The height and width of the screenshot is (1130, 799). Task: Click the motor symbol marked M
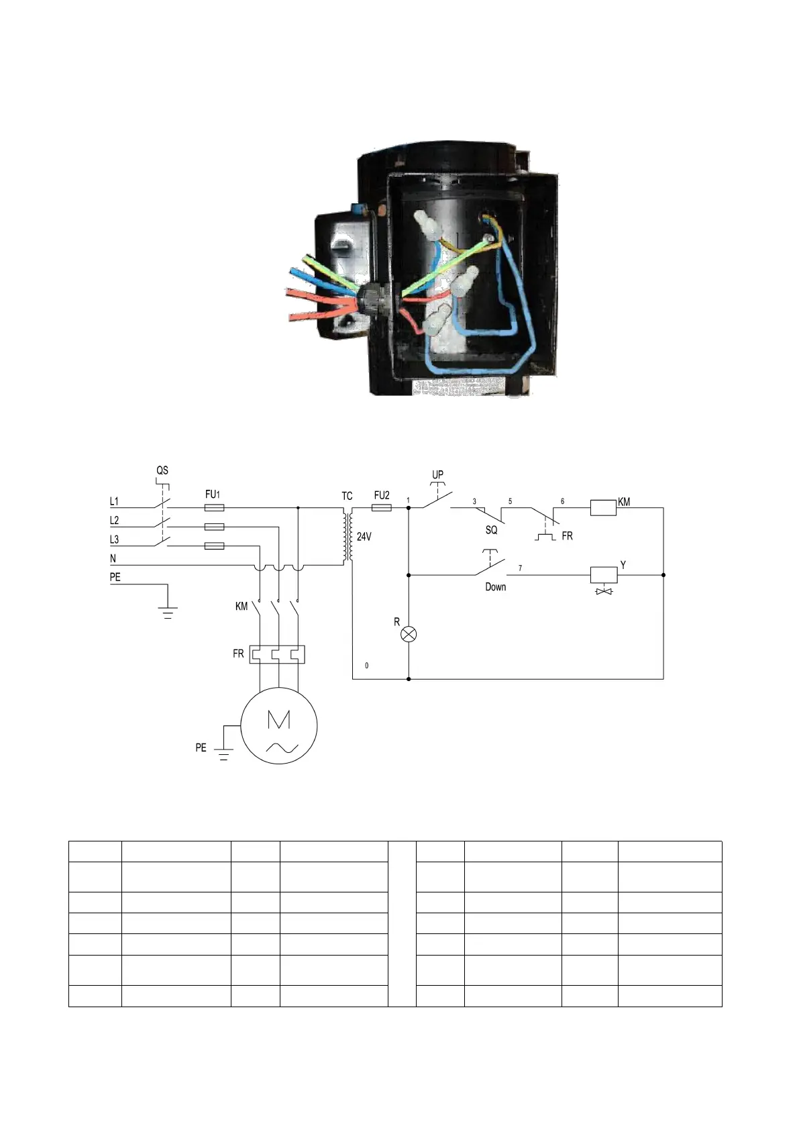point(278,725)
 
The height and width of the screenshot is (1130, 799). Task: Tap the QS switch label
point(162,470)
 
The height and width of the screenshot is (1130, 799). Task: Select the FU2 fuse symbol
point(381,508)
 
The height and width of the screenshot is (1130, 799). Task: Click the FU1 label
point(213,495)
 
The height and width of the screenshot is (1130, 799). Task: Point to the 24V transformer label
point(364,537)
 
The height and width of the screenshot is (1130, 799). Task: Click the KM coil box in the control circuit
point(603,507)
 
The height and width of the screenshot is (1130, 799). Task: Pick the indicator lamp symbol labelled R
point(409,634)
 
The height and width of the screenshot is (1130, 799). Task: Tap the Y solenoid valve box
point(603,575)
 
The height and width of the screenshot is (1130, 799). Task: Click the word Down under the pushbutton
point(495,587)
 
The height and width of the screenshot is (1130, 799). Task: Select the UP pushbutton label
point(437,474)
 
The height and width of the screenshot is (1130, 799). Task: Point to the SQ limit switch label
point(491,530)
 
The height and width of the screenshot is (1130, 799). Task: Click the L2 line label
point(114,521)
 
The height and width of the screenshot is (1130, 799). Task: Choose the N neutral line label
point(113,558)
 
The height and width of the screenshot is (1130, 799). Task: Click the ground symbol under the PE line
point(167,612)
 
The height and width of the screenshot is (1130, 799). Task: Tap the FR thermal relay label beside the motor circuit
point(238,654)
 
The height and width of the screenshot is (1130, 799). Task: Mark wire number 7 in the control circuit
point(520,568)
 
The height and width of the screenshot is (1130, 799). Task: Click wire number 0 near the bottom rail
point(366,666)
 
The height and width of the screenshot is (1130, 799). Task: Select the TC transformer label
point(347,497)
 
